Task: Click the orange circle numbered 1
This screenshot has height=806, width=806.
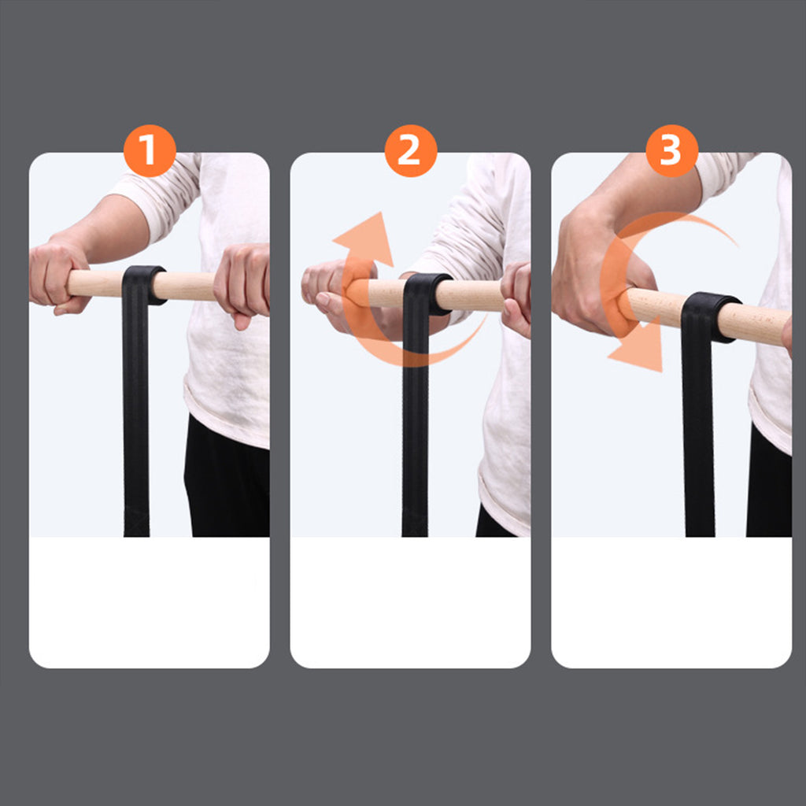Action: point(150,150)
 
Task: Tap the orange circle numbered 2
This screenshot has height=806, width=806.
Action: point(411,150)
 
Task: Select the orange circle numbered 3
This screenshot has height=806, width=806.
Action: point(672,150)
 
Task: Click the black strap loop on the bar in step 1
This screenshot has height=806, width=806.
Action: point(143,285)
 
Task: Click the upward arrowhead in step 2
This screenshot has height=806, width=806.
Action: point(366,238)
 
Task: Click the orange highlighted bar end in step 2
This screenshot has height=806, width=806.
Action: point(358,293)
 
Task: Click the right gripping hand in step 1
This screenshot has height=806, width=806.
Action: point(242,283)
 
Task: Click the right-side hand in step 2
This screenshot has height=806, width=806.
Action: point(516,298)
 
